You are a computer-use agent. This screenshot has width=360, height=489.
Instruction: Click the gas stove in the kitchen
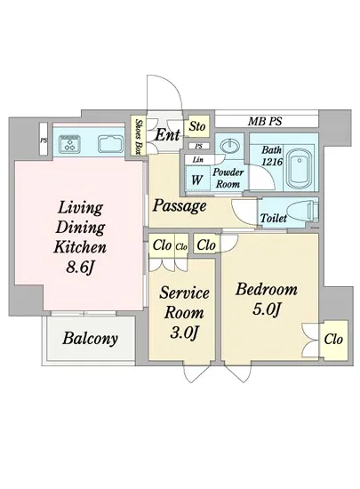click(69, 144)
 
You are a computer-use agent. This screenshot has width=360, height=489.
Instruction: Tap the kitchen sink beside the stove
click(109, 144)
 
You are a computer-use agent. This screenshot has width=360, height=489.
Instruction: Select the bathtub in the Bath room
click(300, 170)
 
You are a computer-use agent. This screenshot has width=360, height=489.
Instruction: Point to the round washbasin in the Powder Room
click(230, 145)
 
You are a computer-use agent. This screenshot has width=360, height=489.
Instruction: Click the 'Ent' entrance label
click(168, 135)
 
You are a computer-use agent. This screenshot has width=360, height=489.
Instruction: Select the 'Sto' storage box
click(196, 126)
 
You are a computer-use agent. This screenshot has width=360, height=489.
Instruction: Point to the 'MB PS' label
click(265, 121)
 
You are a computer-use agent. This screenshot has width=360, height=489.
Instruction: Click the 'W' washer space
click(197, 179)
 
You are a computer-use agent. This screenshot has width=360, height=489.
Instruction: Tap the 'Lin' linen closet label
click(197, 160)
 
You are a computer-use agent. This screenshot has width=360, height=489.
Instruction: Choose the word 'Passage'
click(180, 205)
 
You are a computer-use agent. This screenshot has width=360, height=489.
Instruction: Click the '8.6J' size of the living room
click(79, 267)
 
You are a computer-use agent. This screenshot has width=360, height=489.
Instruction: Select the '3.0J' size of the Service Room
click(184, 333)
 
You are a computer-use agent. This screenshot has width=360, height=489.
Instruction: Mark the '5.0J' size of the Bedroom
click(268, 309)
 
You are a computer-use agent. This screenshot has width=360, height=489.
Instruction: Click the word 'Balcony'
click(90, 339)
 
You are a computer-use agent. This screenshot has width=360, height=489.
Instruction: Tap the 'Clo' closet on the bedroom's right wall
click(333, 340)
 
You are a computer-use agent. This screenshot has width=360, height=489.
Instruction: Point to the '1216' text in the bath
click(272, 162)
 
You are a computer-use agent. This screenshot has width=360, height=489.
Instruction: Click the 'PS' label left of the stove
click(44, 140)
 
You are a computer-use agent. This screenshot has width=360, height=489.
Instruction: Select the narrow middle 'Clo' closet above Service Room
click(181, 246)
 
